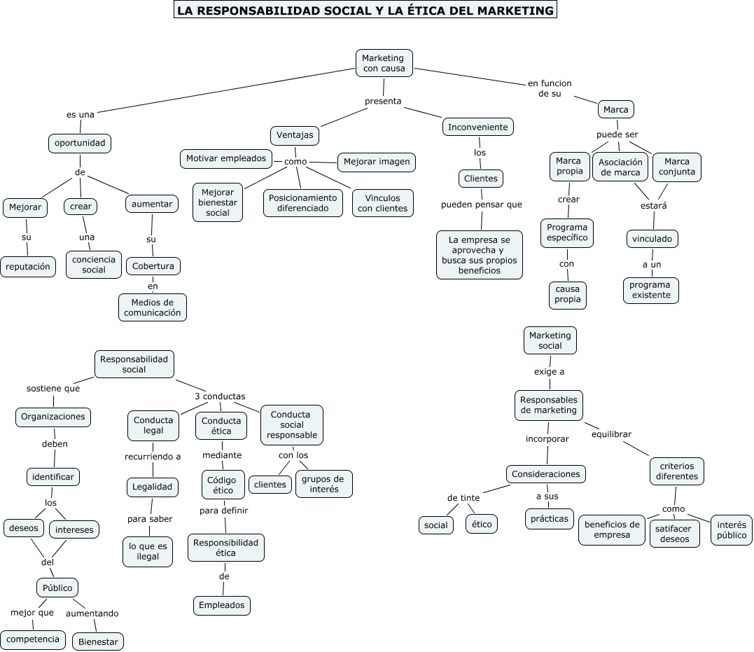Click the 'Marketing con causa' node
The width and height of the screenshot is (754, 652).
pyautogui.click(x=384, y=62)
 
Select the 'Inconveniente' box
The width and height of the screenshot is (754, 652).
pyautogui.click(x=478, y=127)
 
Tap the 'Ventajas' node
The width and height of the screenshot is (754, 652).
pyautogui.click(x=295, y=135)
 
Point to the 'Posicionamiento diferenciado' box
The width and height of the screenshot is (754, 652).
pyautogui.click(x=302, y=202)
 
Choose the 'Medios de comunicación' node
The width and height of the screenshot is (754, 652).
pyautogui.click(x=153, y=307)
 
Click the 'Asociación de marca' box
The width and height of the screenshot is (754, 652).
pyautogui.click(x=620, y=167)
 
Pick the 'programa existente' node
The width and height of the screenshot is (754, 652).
pyautogui.click(x=650, y=290)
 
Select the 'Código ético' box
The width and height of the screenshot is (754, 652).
pyautogui.click(x=223, y=485)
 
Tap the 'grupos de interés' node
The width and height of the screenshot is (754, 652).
pyautogui.click(x=323, y=484)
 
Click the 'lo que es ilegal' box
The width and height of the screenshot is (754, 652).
pyautogui.click(x=148, y=551)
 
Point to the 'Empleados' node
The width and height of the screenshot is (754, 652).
pyautogui.click(x=221, y=605)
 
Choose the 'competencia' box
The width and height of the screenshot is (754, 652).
pyautogui.click(x=33, y=639)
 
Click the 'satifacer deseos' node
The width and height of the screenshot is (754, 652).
pyautogui.click(x=674, y=534)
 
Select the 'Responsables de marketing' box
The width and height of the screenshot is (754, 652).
pyautogui.click(x=549, y=405)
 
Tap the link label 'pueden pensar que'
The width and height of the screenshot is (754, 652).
pyautogui.click(x=481, y=204)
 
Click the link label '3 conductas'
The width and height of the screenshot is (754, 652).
pyautogui.click(x=220, y=396)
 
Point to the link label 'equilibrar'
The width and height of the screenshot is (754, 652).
pyautogui.click(x=611, y=433)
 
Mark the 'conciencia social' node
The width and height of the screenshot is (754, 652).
pyautogui.click(x=95, y=265)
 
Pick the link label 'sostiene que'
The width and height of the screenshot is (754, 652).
pyautogui.click(x=53, y=388)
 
